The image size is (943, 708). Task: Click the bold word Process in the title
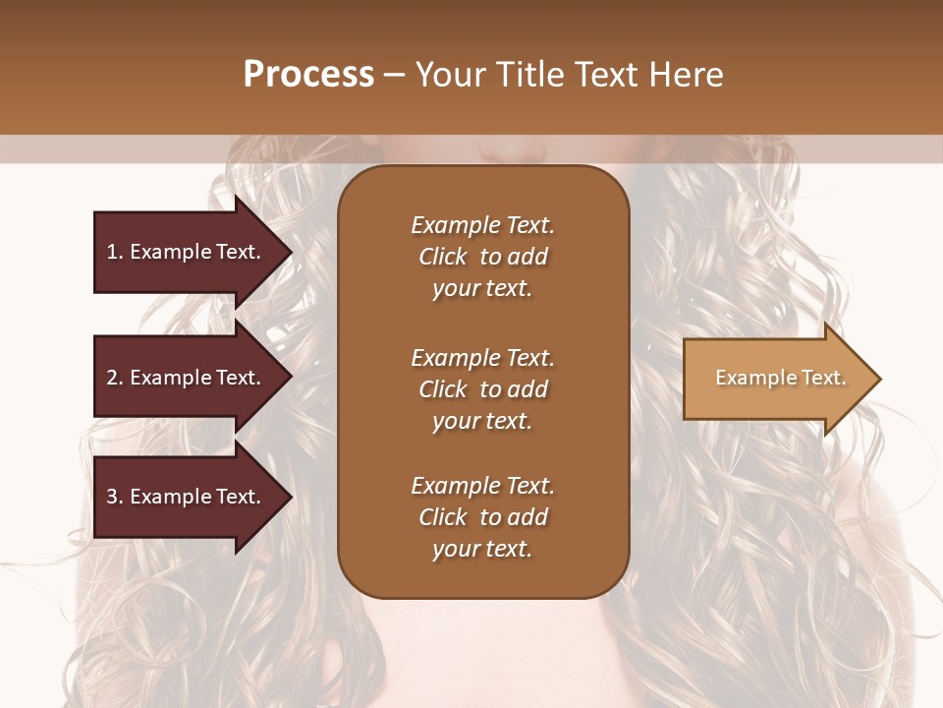(308, 75)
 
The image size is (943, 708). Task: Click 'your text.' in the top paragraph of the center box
(482, 289)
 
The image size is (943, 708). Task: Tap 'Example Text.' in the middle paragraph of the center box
(482, 358)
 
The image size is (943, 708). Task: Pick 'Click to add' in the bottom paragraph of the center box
(482, 517)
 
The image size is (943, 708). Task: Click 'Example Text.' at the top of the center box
(482, 225)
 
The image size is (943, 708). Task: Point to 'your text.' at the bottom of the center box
(482, 550)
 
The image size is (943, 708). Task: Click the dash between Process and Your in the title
(394, 76)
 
